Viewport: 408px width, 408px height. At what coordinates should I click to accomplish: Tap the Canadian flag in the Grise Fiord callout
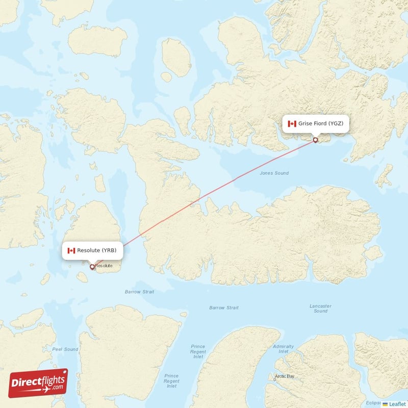pos(292,124)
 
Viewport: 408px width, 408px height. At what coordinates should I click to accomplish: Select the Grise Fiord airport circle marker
pos(316,140)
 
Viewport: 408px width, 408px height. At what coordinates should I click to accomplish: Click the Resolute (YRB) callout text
pos(97,250)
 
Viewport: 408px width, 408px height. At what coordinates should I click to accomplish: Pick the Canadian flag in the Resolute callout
pos(71,250)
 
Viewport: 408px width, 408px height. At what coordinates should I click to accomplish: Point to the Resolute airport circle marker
pos(92,266)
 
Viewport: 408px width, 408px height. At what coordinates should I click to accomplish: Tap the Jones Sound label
pos(274,173)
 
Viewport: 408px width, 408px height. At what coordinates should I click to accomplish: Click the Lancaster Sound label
pos(320,309)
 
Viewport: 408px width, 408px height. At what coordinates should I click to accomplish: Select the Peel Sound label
pos(65,349)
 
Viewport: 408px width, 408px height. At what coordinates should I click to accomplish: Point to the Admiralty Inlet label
pos(283,349)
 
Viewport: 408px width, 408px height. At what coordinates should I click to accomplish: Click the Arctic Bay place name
pos(285,377)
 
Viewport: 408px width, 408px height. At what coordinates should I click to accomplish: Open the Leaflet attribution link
pos(397,403)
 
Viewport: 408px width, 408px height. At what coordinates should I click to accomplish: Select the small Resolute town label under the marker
pos(104,266)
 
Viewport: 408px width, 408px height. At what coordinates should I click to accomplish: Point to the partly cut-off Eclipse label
pos(373,403)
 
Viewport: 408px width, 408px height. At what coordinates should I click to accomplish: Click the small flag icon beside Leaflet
pos(386,404)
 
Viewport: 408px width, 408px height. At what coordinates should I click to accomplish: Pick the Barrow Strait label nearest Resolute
pos(139,292)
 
